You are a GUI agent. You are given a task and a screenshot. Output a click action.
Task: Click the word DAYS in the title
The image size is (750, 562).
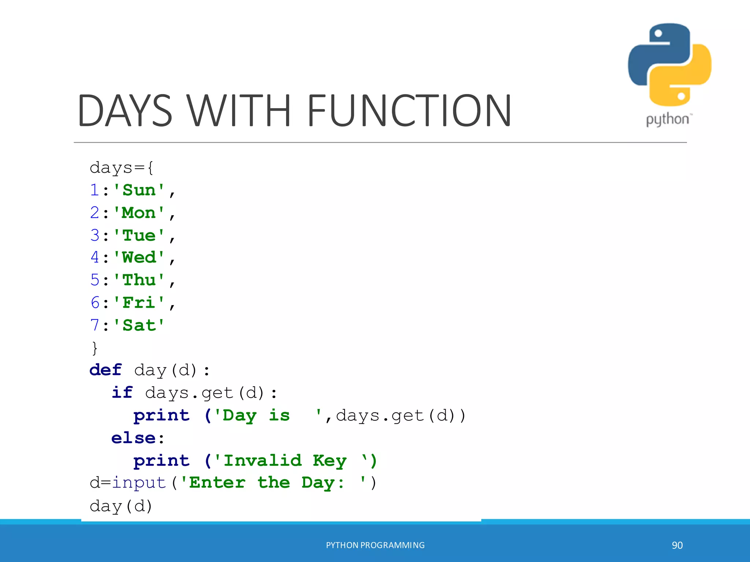click(125, 110)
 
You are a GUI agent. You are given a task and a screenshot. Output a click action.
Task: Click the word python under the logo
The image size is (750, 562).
click(667, 120)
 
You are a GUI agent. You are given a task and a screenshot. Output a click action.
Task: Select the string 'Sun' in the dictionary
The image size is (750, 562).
click(139, 190)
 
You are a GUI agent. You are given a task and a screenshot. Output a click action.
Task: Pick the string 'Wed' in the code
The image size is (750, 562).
click(139, 258)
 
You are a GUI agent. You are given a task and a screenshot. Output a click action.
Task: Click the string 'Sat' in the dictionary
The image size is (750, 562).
click(139, 325)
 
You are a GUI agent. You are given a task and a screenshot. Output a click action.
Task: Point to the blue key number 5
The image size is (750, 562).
click(95, 280)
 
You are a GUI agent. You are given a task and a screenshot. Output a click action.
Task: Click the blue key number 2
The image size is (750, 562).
click(95, 213)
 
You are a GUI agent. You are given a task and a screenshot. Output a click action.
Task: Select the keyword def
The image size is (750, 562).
click(105, 370)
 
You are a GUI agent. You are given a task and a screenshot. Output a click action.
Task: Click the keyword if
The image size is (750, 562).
click(122, 393)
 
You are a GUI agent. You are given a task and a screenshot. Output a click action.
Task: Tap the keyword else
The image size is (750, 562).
click(133, 438)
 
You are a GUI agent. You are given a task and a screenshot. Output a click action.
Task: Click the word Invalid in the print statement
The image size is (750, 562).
click(263, 460)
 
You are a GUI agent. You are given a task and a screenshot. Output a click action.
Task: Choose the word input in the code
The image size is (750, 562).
click(139, 483)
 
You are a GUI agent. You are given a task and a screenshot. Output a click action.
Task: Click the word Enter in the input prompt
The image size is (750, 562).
click(217, 483)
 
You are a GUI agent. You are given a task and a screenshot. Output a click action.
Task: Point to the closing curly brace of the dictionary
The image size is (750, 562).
click(95, 348)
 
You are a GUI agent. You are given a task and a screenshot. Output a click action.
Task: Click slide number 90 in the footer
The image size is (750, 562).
click(677, 545)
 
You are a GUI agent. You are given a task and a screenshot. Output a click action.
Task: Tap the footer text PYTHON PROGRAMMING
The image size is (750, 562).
click(375, 545)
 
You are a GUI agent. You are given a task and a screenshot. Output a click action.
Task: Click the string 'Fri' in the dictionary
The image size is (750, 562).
click(139, 303)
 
